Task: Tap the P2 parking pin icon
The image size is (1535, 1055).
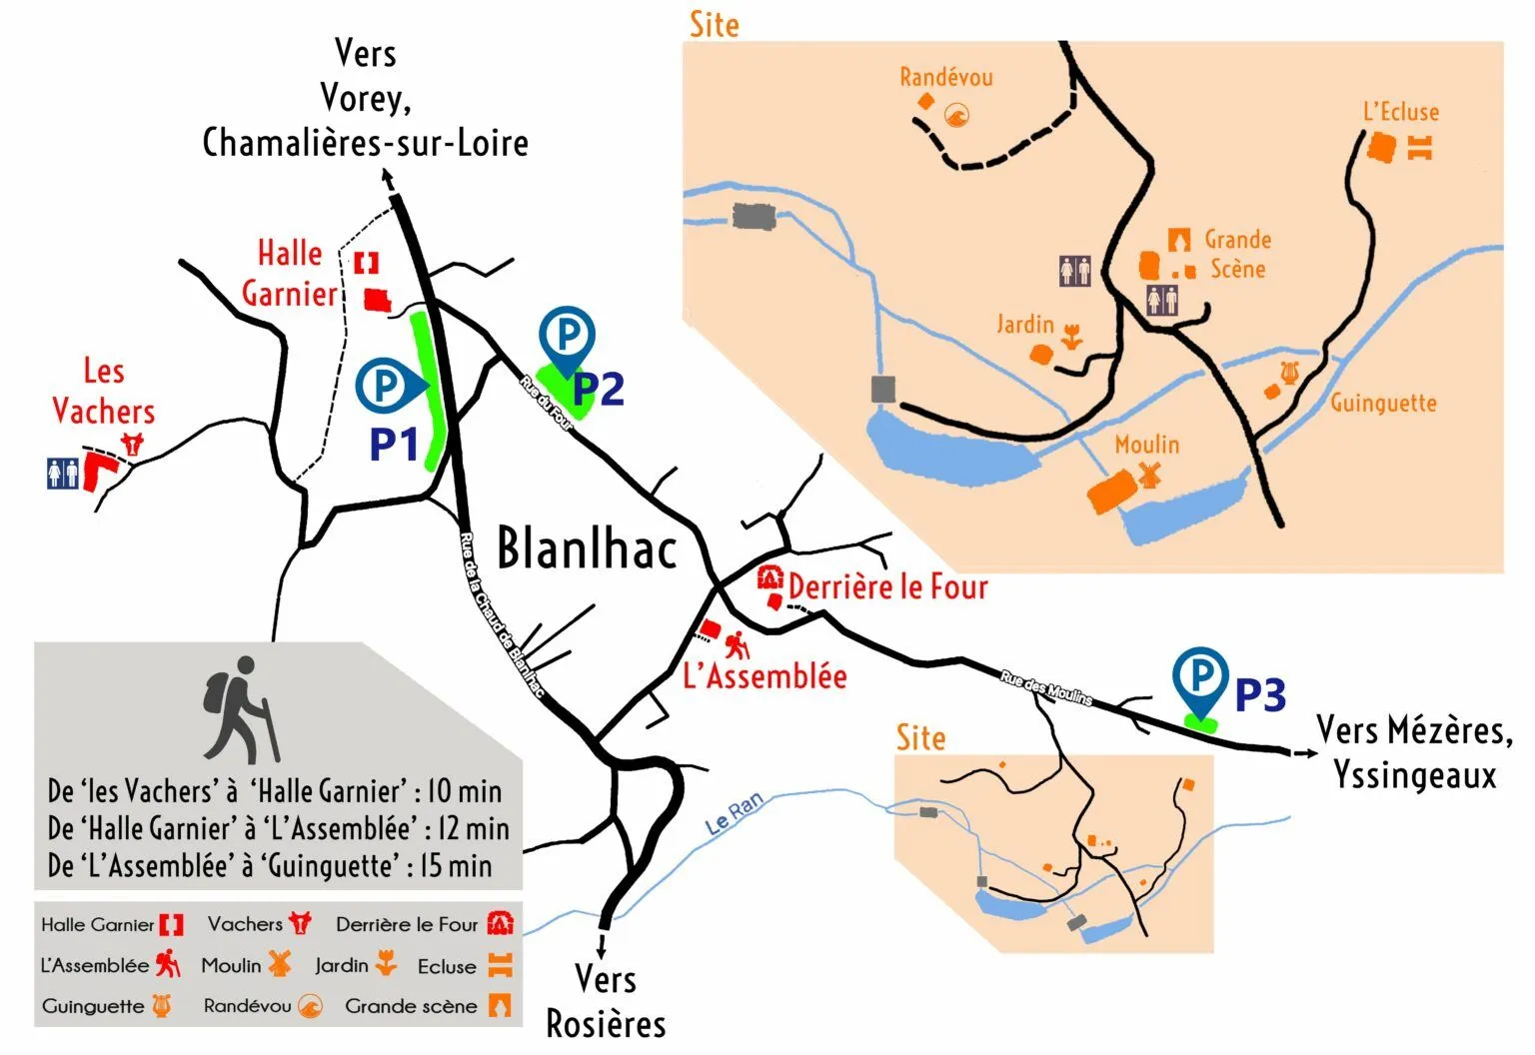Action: pyautogui.click(x=567, y=337)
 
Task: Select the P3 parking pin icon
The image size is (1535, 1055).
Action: pyautogui.click(x=1200, y=678)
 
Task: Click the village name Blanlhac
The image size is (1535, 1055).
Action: pyautogui.click(x=587, y=548)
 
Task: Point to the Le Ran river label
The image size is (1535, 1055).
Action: pyautogui.click(x=734, y=813)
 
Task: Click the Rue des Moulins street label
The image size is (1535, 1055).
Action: pyautogui.click(x=1046, y=688)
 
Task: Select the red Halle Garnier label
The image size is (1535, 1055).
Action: pyautogui.click(x=290, y=274)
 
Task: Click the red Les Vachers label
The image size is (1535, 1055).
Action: pyautogui.click(x=103, y=392)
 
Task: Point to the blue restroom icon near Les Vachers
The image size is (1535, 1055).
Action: pyautogui.click(x=62, y=474)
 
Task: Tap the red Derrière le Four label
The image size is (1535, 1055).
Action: pyautogui.click(x=887, y=586)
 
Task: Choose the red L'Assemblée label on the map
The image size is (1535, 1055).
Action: pyautogui.click(x=765, y=676)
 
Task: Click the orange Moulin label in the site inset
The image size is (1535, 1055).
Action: pyautogui.click(x=1146, y=445)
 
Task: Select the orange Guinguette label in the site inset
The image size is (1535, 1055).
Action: pyautogui.click(x=1383, y=404)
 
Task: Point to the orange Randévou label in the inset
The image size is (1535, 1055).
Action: pyautogui.click(x=945, y=78)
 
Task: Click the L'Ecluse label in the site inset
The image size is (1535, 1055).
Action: pyautogui.click(x=1401, y=112)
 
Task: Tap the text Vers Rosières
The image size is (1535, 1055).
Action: pyautogui.click(x=606, y=1001)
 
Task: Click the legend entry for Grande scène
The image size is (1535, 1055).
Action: pyautogui.click(x=412, y=1006)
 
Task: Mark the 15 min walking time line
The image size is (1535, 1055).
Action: pyautogui.click(x=270, y=866)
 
